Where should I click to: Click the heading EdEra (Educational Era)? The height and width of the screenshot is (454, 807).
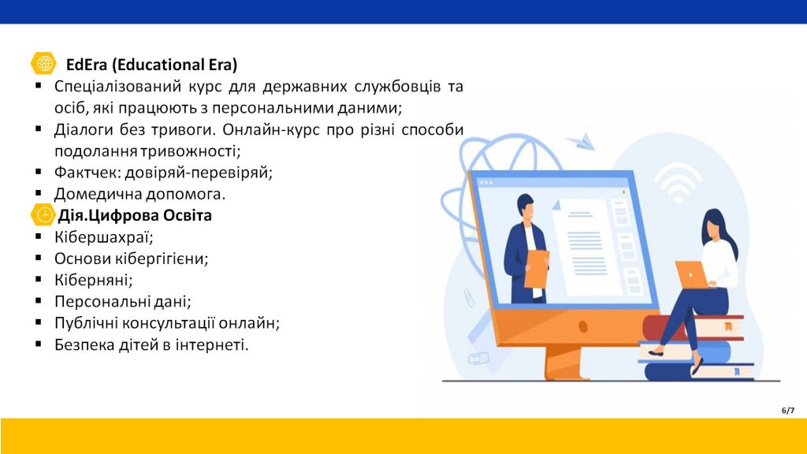152,65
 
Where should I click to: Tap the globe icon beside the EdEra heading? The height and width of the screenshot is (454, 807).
43,64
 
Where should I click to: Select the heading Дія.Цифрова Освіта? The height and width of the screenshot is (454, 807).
135,215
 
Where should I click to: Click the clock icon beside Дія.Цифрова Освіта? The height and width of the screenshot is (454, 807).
43,214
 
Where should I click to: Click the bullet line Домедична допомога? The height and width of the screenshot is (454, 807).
140,194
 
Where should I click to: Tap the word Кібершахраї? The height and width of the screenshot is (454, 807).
104,237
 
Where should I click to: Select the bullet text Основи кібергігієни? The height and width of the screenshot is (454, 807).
132,259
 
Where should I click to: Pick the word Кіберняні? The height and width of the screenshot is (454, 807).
94,280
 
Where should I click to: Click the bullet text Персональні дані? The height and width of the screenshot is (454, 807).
123,302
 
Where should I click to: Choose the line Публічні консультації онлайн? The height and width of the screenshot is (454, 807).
167,323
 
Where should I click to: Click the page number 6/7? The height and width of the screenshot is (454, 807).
788,410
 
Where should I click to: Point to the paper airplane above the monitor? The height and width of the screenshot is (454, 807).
582,141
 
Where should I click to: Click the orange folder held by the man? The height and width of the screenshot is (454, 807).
537,270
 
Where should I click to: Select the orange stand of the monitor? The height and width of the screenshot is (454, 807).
565,362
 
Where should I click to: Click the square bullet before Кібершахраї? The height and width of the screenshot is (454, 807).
39,236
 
